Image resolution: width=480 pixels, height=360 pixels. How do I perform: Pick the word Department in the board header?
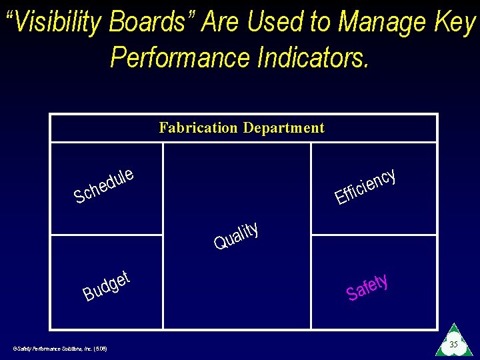[284, 128]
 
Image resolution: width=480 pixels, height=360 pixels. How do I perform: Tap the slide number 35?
[453, 345]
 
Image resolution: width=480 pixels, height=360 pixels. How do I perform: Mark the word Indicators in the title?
[313, 57]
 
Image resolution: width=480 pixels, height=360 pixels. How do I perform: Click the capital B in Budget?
[88, 293]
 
